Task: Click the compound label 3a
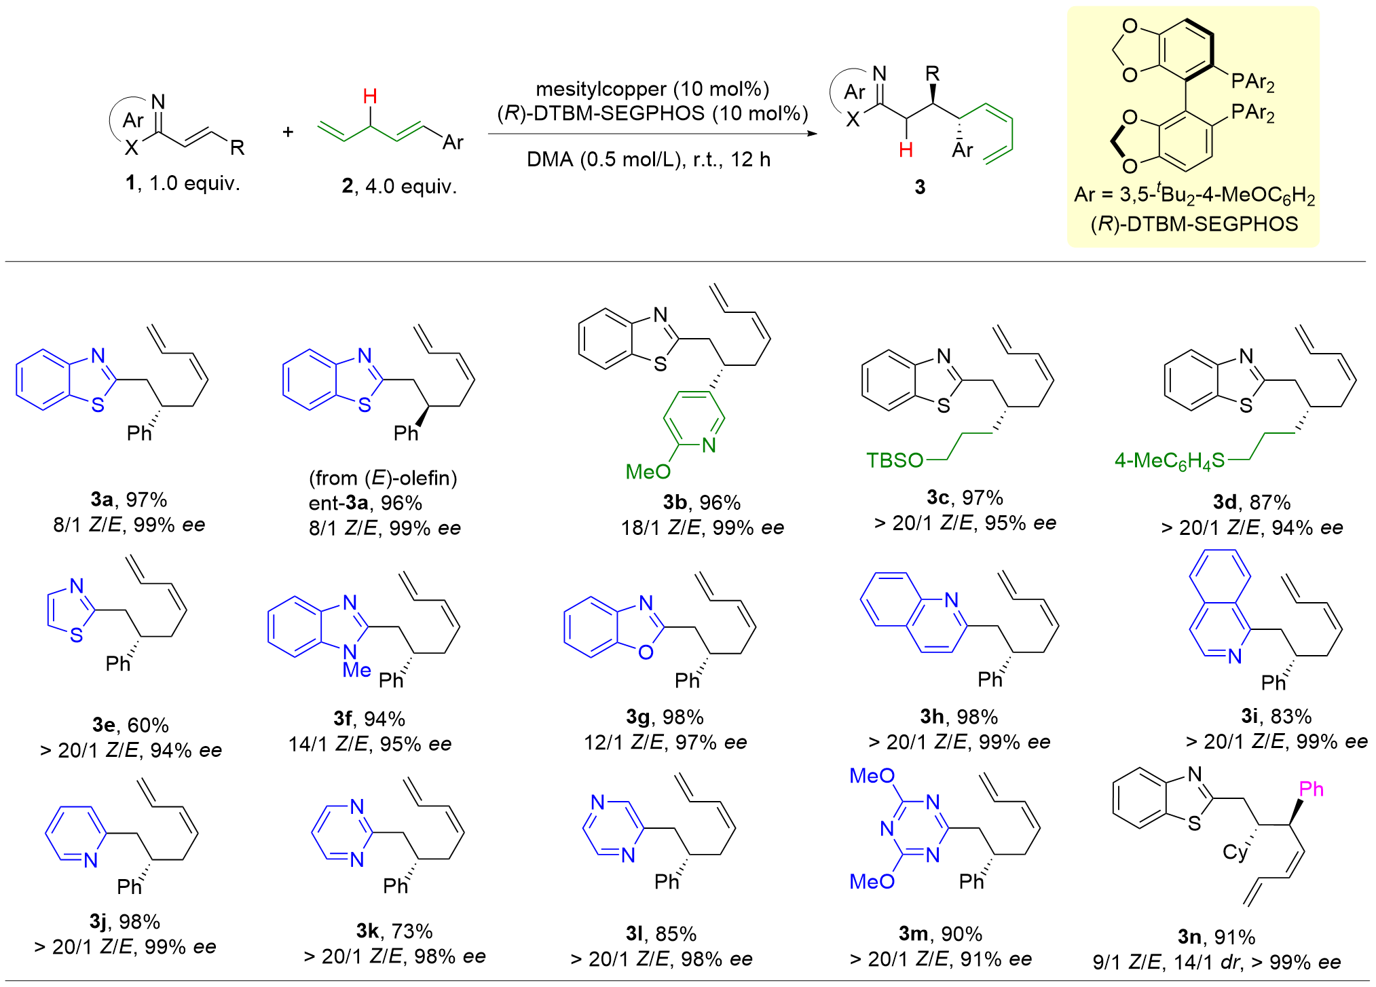tap(102, 500)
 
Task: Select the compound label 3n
tap(1189, 937)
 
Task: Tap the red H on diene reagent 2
tap(370, 96)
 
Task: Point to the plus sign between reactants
tap(288, 131)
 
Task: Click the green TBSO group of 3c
tap(895, 460)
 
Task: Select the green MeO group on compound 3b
tap(648, 471)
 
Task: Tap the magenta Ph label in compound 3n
tap(1312, 789)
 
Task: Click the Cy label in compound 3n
tap(1235, 853)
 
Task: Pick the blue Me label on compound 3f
tap(356, 670)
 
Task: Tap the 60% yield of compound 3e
tap(148, 725)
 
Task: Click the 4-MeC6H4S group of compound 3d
tap(1169, 461)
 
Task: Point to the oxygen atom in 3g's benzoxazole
tap(646, 652)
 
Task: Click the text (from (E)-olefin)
tap(383, 479)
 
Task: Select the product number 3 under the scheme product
tap(920, 187)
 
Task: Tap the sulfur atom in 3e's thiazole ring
tap(77, 635)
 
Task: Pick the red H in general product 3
tap(906, 150)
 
